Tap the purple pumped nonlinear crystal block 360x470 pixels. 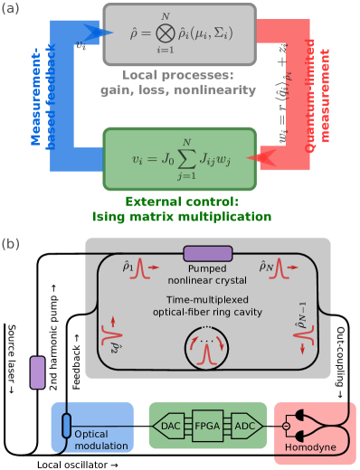pos(207,253)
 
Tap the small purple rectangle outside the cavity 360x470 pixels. pos(37,372)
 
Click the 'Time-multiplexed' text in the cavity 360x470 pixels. pos(207,299)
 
